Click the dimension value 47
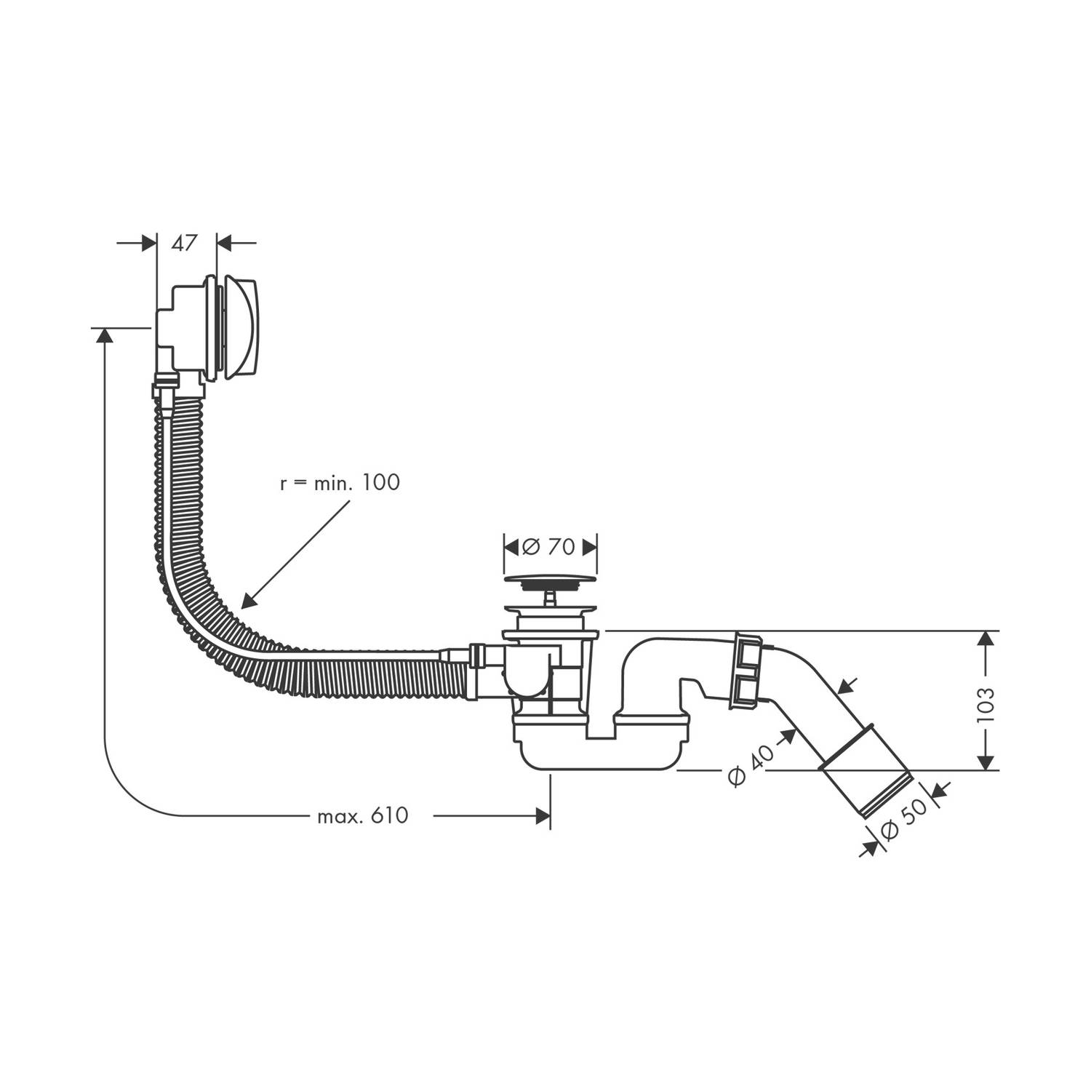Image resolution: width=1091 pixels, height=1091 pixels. pyautogui.click(x=185, y=243)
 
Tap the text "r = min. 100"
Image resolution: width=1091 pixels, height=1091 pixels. pyautogui.click(x=340, y=482)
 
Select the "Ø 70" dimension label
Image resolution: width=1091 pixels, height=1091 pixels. pyautogui.click(x=550, y=546)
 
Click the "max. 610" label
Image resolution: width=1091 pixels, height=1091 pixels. pyautogui.click(x=363, y=816)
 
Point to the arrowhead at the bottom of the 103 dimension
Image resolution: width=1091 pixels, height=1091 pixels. pyautogui.click(x=986, y=760)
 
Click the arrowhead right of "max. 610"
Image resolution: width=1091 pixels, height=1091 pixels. pyautogui.click(x=542, y=816)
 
